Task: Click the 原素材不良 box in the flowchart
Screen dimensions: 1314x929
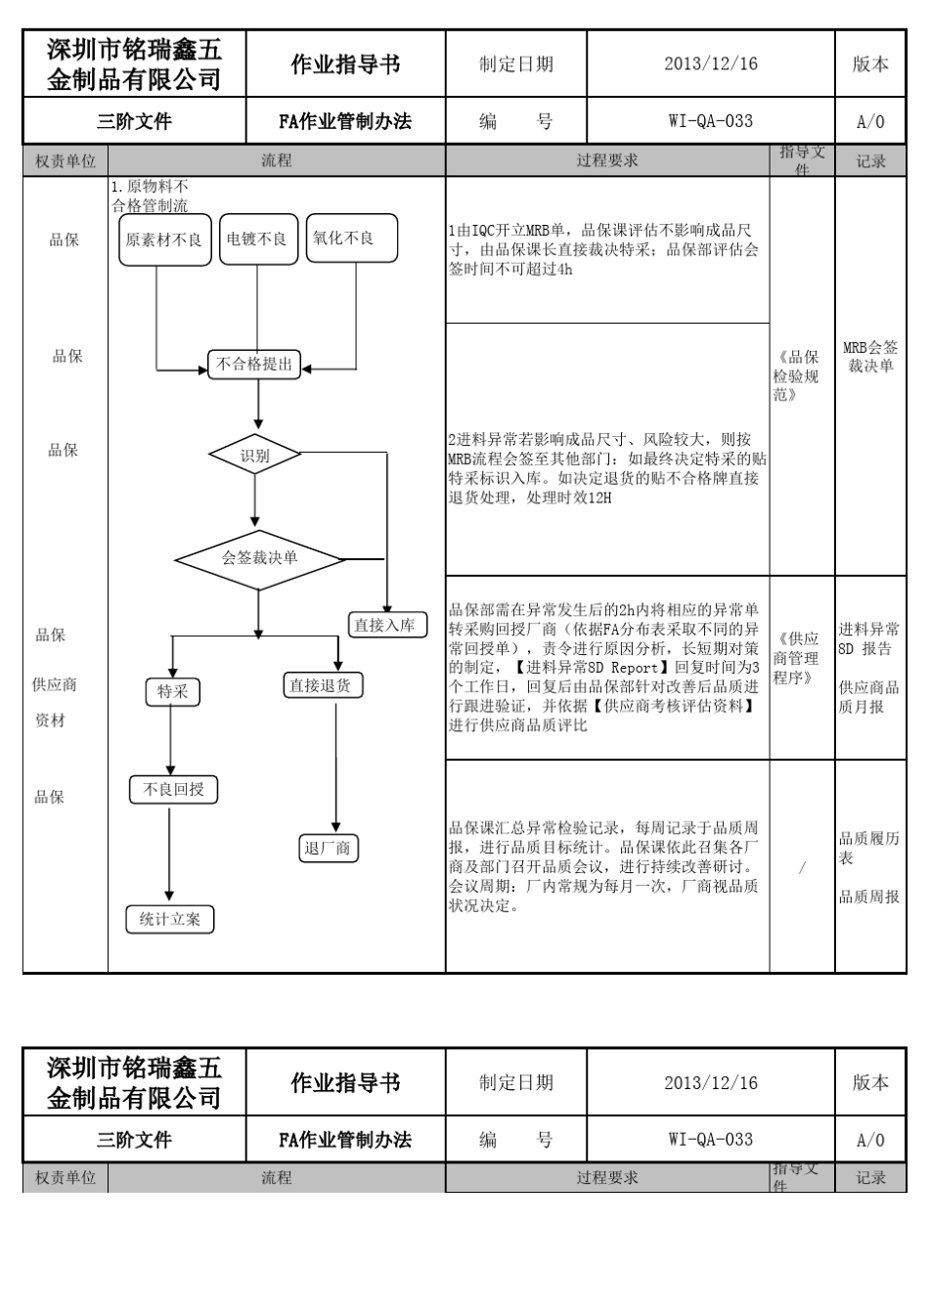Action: [x=165, y=240]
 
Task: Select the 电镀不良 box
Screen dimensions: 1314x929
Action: [x=257, y=240]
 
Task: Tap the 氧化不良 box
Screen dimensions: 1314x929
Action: [x=352, y=238]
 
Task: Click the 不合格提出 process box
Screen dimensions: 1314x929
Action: [x=254, y=365]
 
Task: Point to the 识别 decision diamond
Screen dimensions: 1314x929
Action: [x=255, y=455]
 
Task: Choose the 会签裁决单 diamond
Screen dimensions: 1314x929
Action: [x=259, y=559]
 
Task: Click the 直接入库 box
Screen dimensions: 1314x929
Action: [x=387, y=625]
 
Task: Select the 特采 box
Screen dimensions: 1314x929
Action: [x=173, y=692]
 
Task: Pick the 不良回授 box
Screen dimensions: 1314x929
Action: [x=174, y=789]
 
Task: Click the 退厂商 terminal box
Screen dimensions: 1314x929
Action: [x=329, y=848]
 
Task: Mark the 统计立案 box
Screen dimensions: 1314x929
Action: [x=170, y=919]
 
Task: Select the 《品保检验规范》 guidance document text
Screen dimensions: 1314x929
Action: [x=797, y=376]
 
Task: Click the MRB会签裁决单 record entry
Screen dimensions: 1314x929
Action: [x=870, y=357]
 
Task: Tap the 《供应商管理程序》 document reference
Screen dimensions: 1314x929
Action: [x=797, y=658]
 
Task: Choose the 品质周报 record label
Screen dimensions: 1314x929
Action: [x=869, y=897]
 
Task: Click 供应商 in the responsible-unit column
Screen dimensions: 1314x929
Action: [x=55, y=684]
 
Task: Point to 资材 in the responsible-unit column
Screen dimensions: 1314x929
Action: [x=50, y=721]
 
